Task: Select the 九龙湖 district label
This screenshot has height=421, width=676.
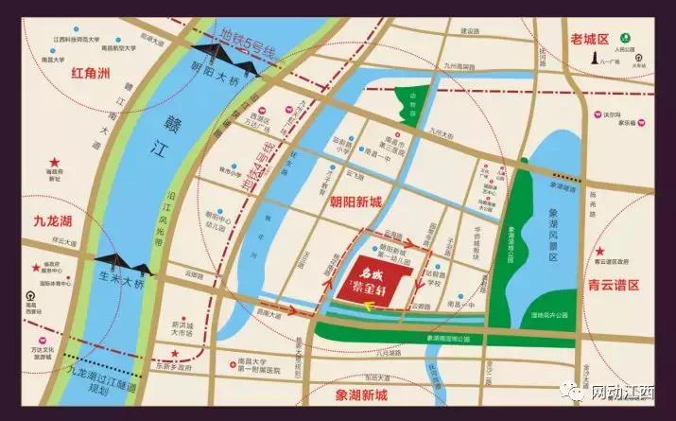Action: point(44,224)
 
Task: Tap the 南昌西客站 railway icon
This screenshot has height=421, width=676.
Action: point(29,296)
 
